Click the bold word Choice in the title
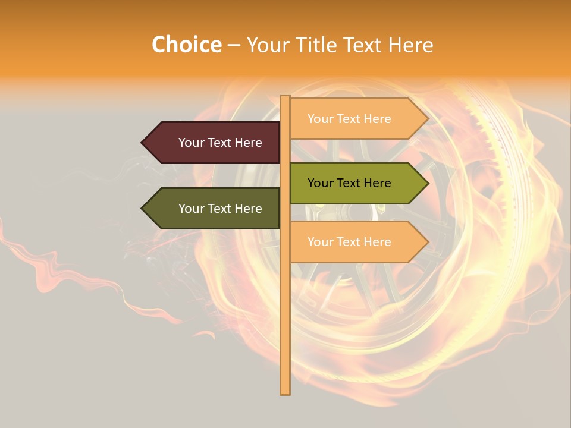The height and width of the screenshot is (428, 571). [186, 45]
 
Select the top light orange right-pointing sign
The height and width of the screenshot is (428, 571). [357, 119]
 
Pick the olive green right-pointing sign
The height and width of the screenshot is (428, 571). [357, 183]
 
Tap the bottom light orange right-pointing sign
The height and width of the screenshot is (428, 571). [357, 242]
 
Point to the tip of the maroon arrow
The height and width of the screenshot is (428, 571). [143, 143]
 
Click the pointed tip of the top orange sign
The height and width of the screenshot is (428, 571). [428, 119]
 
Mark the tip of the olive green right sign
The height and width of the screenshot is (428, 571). [428, 183]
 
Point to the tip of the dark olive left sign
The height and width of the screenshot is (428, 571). [143, 209]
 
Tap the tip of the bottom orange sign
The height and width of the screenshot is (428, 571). [428, 242]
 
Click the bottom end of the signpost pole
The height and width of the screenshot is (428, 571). [285, 393]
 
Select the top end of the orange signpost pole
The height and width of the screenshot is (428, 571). [285, 97]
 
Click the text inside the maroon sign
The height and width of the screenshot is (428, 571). [220, 143]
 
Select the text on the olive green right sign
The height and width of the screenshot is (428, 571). [349, 183]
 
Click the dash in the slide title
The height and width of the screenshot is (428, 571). [234, 45]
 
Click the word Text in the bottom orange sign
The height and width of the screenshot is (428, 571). [349, 242]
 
